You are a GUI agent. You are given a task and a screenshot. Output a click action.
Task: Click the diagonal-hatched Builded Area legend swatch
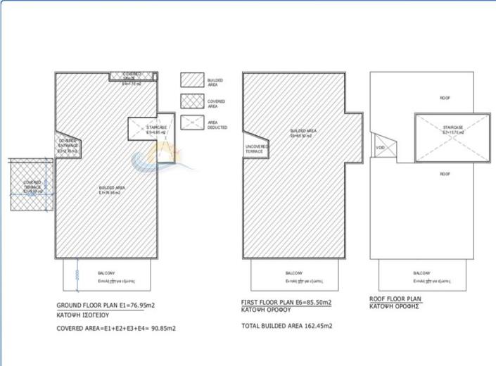coord(191,80)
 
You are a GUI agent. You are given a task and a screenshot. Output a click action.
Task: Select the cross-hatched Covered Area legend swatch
coord(191,101)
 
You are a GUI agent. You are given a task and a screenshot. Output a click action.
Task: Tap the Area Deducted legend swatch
coord(191,123)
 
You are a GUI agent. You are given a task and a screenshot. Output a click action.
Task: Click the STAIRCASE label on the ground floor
coord(156,129)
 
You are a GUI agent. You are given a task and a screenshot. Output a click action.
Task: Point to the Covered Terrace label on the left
coord(32,187)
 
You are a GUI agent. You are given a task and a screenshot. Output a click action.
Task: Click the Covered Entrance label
coord(68,146)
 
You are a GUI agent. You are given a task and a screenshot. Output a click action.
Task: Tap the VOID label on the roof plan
coord(381,148)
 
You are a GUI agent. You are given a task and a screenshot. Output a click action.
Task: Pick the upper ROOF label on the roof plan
coord(445,98)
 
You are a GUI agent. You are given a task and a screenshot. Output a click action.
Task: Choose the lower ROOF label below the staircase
coord(445,173)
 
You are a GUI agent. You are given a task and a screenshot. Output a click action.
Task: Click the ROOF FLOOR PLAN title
coord(395,298)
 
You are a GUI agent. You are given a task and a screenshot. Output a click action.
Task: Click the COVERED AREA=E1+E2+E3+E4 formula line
coord(116,328)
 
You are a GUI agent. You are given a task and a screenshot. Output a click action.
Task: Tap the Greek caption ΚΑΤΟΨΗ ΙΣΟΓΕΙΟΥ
coord(82,316)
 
